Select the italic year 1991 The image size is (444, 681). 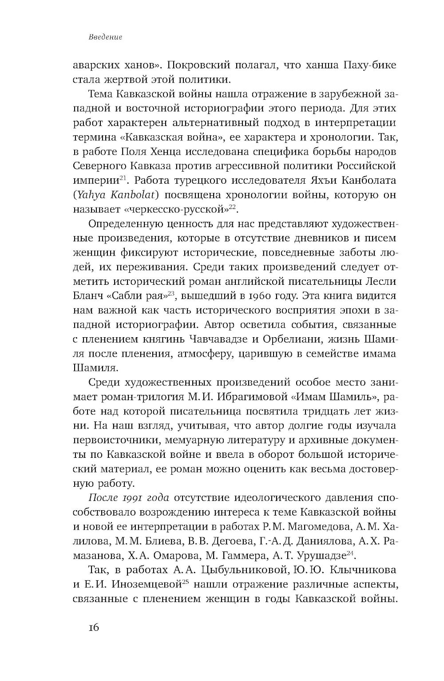(x=131, y=498)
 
